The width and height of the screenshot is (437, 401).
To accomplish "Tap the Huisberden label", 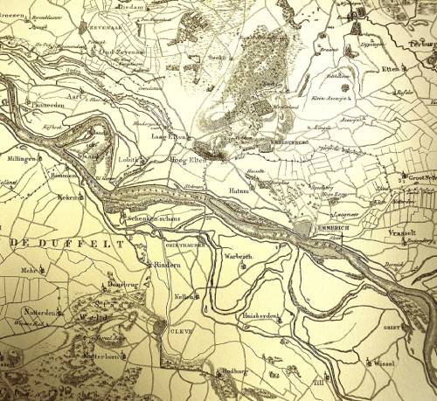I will (x=261, y=315).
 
